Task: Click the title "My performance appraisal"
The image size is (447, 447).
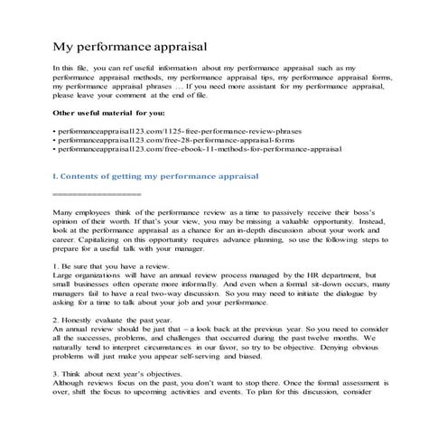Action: (x=131, y=43)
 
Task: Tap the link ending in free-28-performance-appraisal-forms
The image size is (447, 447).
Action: (x=175, y=140)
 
